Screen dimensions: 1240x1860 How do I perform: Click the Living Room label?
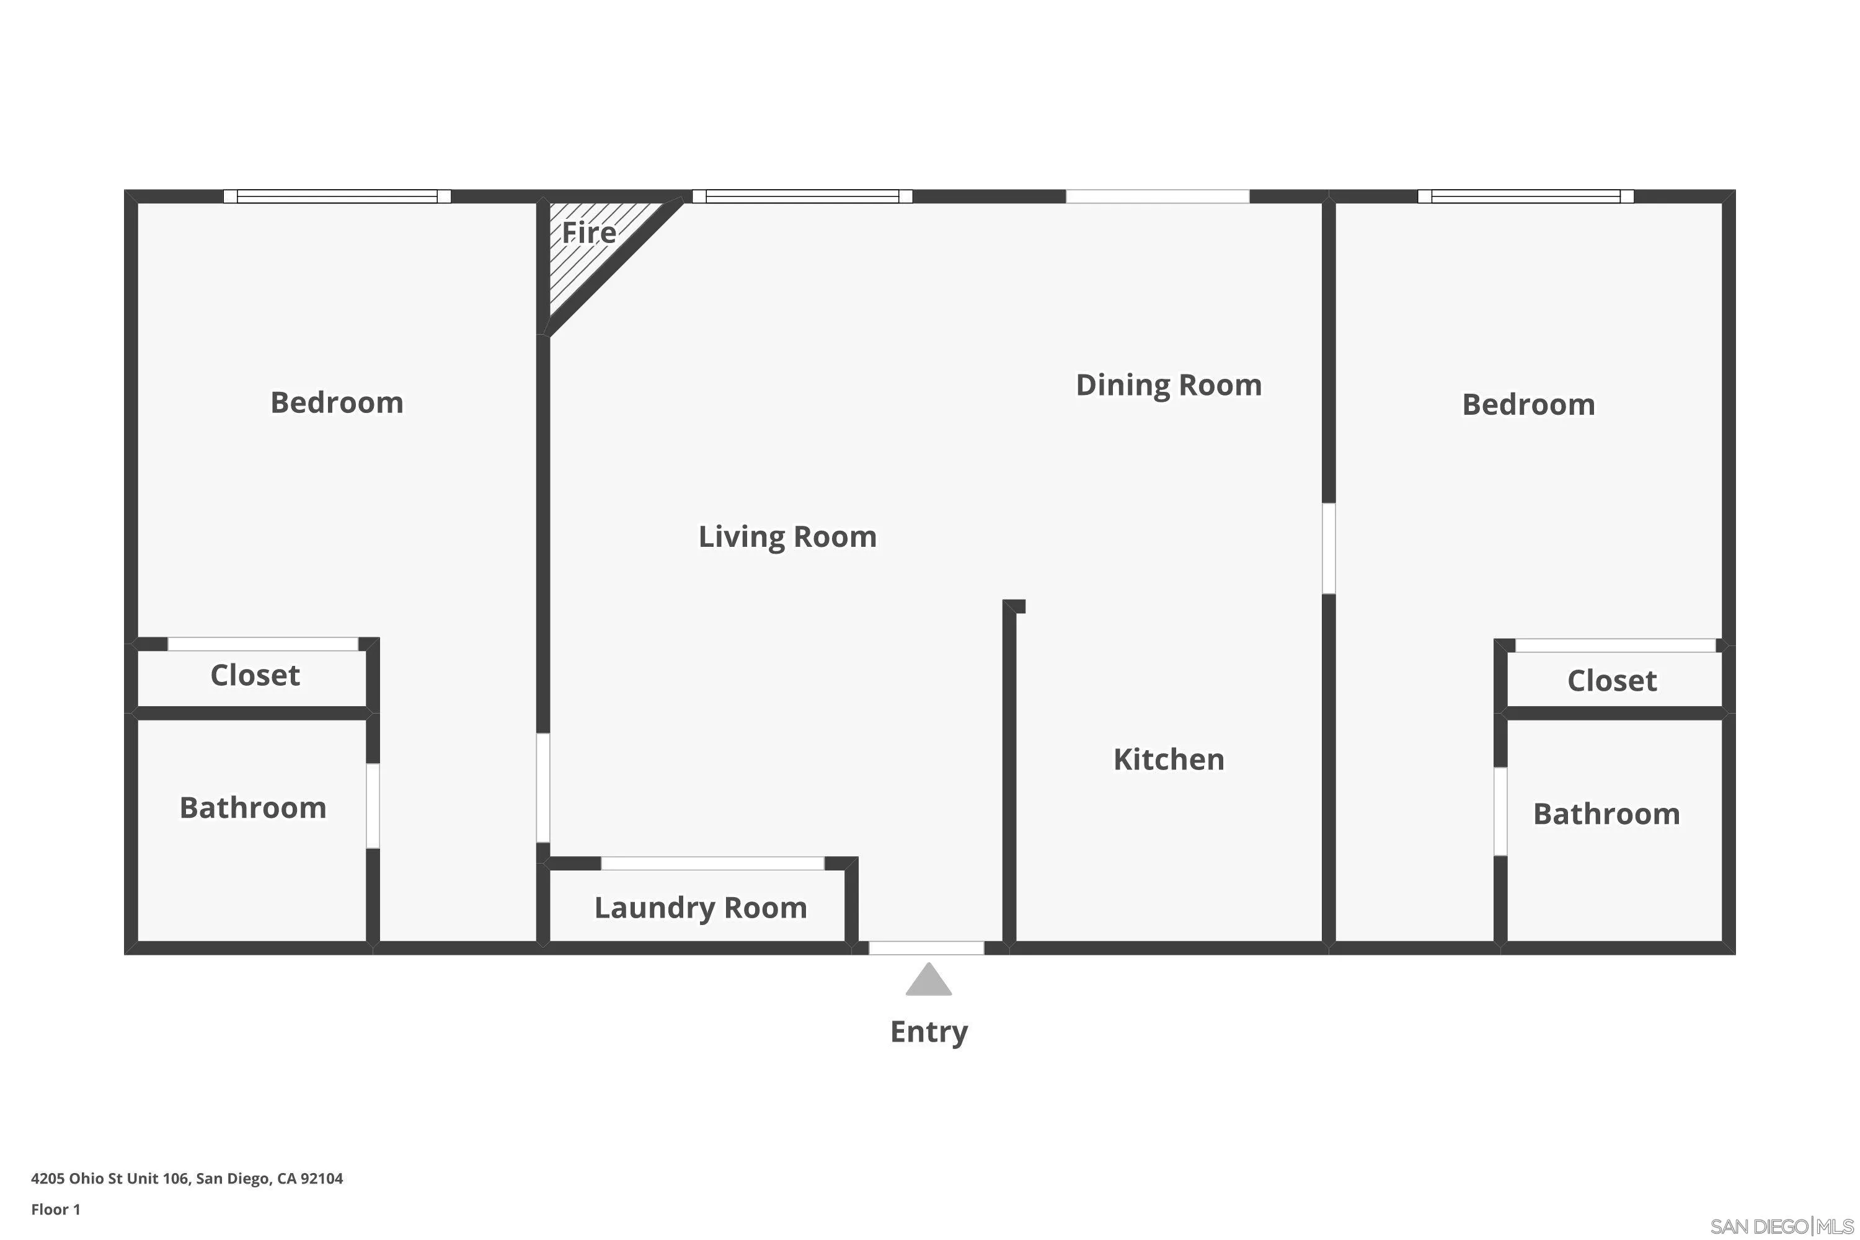point(787,537)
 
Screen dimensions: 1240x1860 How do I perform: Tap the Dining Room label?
point(1168,385)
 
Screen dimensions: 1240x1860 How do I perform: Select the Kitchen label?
point(1168,759)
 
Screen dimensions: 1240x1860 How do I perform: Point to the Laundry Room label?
point(700,907)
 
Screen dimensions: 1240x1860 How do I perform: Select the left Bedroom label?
point(337,402)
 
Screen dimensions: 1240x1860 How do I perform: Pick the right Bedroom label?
point(1528,405)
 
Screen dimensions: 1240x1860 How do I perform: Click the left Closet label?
point(255,675)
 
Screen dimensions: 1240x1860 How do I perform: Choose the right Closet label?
point(1611,681)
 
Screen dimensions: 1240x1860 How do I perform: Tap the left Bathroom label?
point(253,807)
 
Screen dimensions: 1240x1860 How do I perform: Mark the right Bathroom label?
point(1606,813)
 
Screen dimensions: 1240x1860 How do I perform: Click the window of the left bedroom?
point(337,196)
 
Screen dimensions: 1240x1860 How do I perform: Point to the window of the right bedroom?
point(1525,196)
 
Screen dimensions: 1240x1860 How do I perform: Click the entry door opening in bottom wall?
point(926,947)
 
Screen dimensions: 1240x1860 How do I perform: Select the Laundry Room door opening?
point(712,863)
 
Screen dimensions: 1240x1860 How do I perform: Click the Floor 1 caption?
point(55,1209)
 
